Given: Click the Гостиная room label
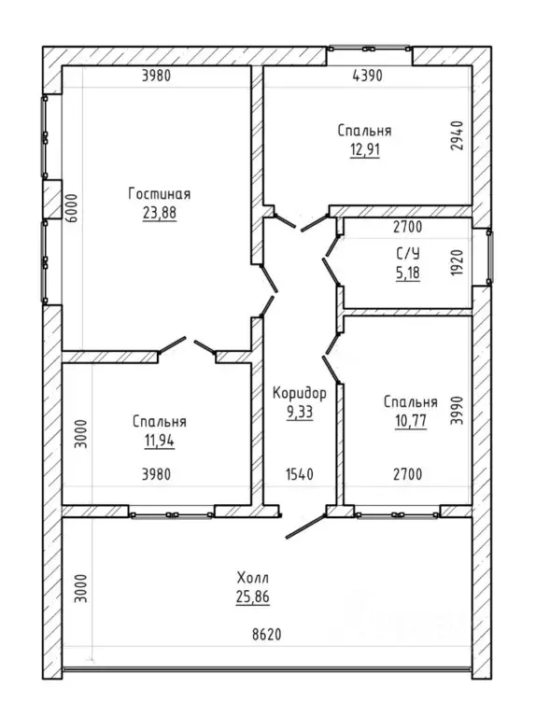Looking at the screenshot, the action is pyautogui.click(x=159, y=194).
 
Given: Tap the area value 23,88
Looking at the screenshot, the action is pyautogui.click(x=160, y=213).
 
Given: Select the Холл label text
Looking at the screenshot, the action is pyautogui.click(x=253, y=578).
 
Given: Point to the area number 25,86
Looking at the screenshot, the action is pyautogui.click(x=253, y=597).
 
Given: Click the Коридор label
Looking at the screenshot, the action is pyautogui.click(x=300, y=393).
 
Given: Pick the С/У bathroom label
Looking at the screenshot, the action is pyautogui.click(x=408, y=253).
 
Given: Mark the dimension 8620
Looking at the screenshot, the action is pyautogui.click(x=267, y=634).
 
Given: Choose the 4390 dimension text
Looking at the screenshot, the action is pyautogui.click(x=368, y=76).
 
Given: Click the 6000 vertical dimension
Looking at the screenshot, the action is pyautogui.click(x=72, y=208).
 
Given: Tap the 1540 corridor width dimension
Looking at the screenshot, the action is pyautogui.click(x=300, y=474).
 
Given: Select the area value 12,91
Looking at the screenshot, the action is pyautogui.click(x=365, y=149).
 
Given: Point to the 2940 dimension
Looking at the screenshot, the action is pyautogui.click(x=457, y=135).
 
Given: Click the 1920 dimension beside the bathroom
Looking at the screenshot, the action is pyautogui.click(x=457, y=262).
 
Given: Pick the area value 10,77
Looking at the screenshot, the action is pyautogui.click(x=411, y=421).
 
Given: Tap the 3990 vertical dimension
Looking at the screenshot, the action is pyautogui.click(x=457, y=411).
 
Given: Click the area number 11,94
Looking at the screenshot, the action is pyautogui.click(x=160, y=442).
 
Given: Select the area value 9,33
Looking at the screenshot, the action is pyautogui.click(x=300, y=413).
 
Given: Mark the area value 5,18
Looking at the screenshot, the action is pyautogui.click(x=408, y=274).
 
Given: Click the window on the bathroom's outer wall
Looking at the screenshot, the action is pyautogui.click(x=489, y=258).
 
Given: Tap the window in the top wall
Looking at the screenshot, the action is pyautogui.click(x=369, y=49).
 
